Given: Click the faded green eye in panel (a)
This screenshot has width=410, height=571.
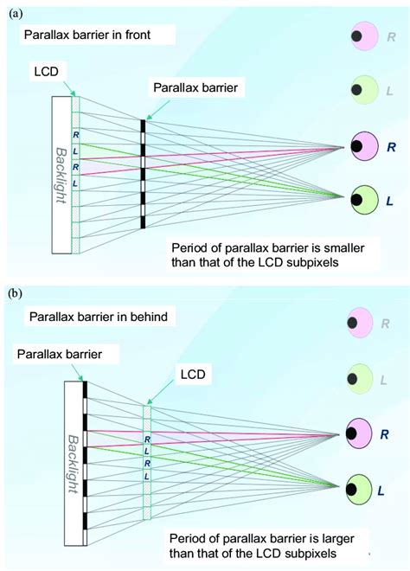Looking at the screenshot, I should pos(362,89).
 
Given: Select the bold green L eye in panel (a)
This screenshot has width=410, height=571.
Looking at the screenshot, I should pos(364,198).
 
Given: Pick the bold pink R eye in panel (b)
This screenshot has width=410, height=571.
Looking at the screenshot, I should pos(364,430).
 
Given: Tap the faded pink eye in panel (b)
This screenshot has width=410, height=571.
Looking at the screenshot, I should pos(362,325).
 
